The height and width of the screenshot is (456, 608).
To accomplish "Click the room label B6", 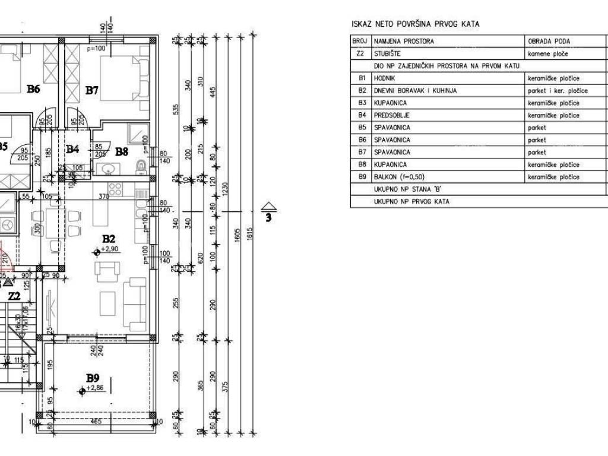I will coord(33,90).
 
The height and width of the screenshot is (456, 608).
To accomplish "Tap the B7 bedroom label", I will coord(91,90).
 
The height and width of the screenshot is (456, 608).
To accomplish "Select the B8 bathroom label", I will coord(122,151).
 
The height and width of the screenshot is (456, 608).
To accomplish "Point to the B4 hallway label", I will coord(72,150).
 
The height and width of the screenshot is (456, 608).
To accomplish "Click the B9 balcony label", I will coord(92,378).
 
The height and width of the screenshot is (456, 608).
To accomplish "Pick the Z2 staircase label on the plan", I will coord(14,296).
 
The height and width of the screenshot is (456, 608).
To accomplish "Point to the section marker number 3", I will coord(268,217).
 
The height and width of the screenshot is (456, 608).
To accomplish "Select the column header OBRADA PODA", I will coord(549,42).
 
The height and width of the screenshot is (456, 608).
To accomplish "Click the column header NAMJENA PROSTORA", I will coord(404,42).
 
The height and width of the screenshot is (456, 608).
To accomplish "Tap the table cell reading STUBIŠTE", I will coord(386,53).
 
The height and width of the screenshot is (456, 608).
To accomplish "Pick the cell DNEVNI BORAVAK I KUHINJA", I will coord(416,91).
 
